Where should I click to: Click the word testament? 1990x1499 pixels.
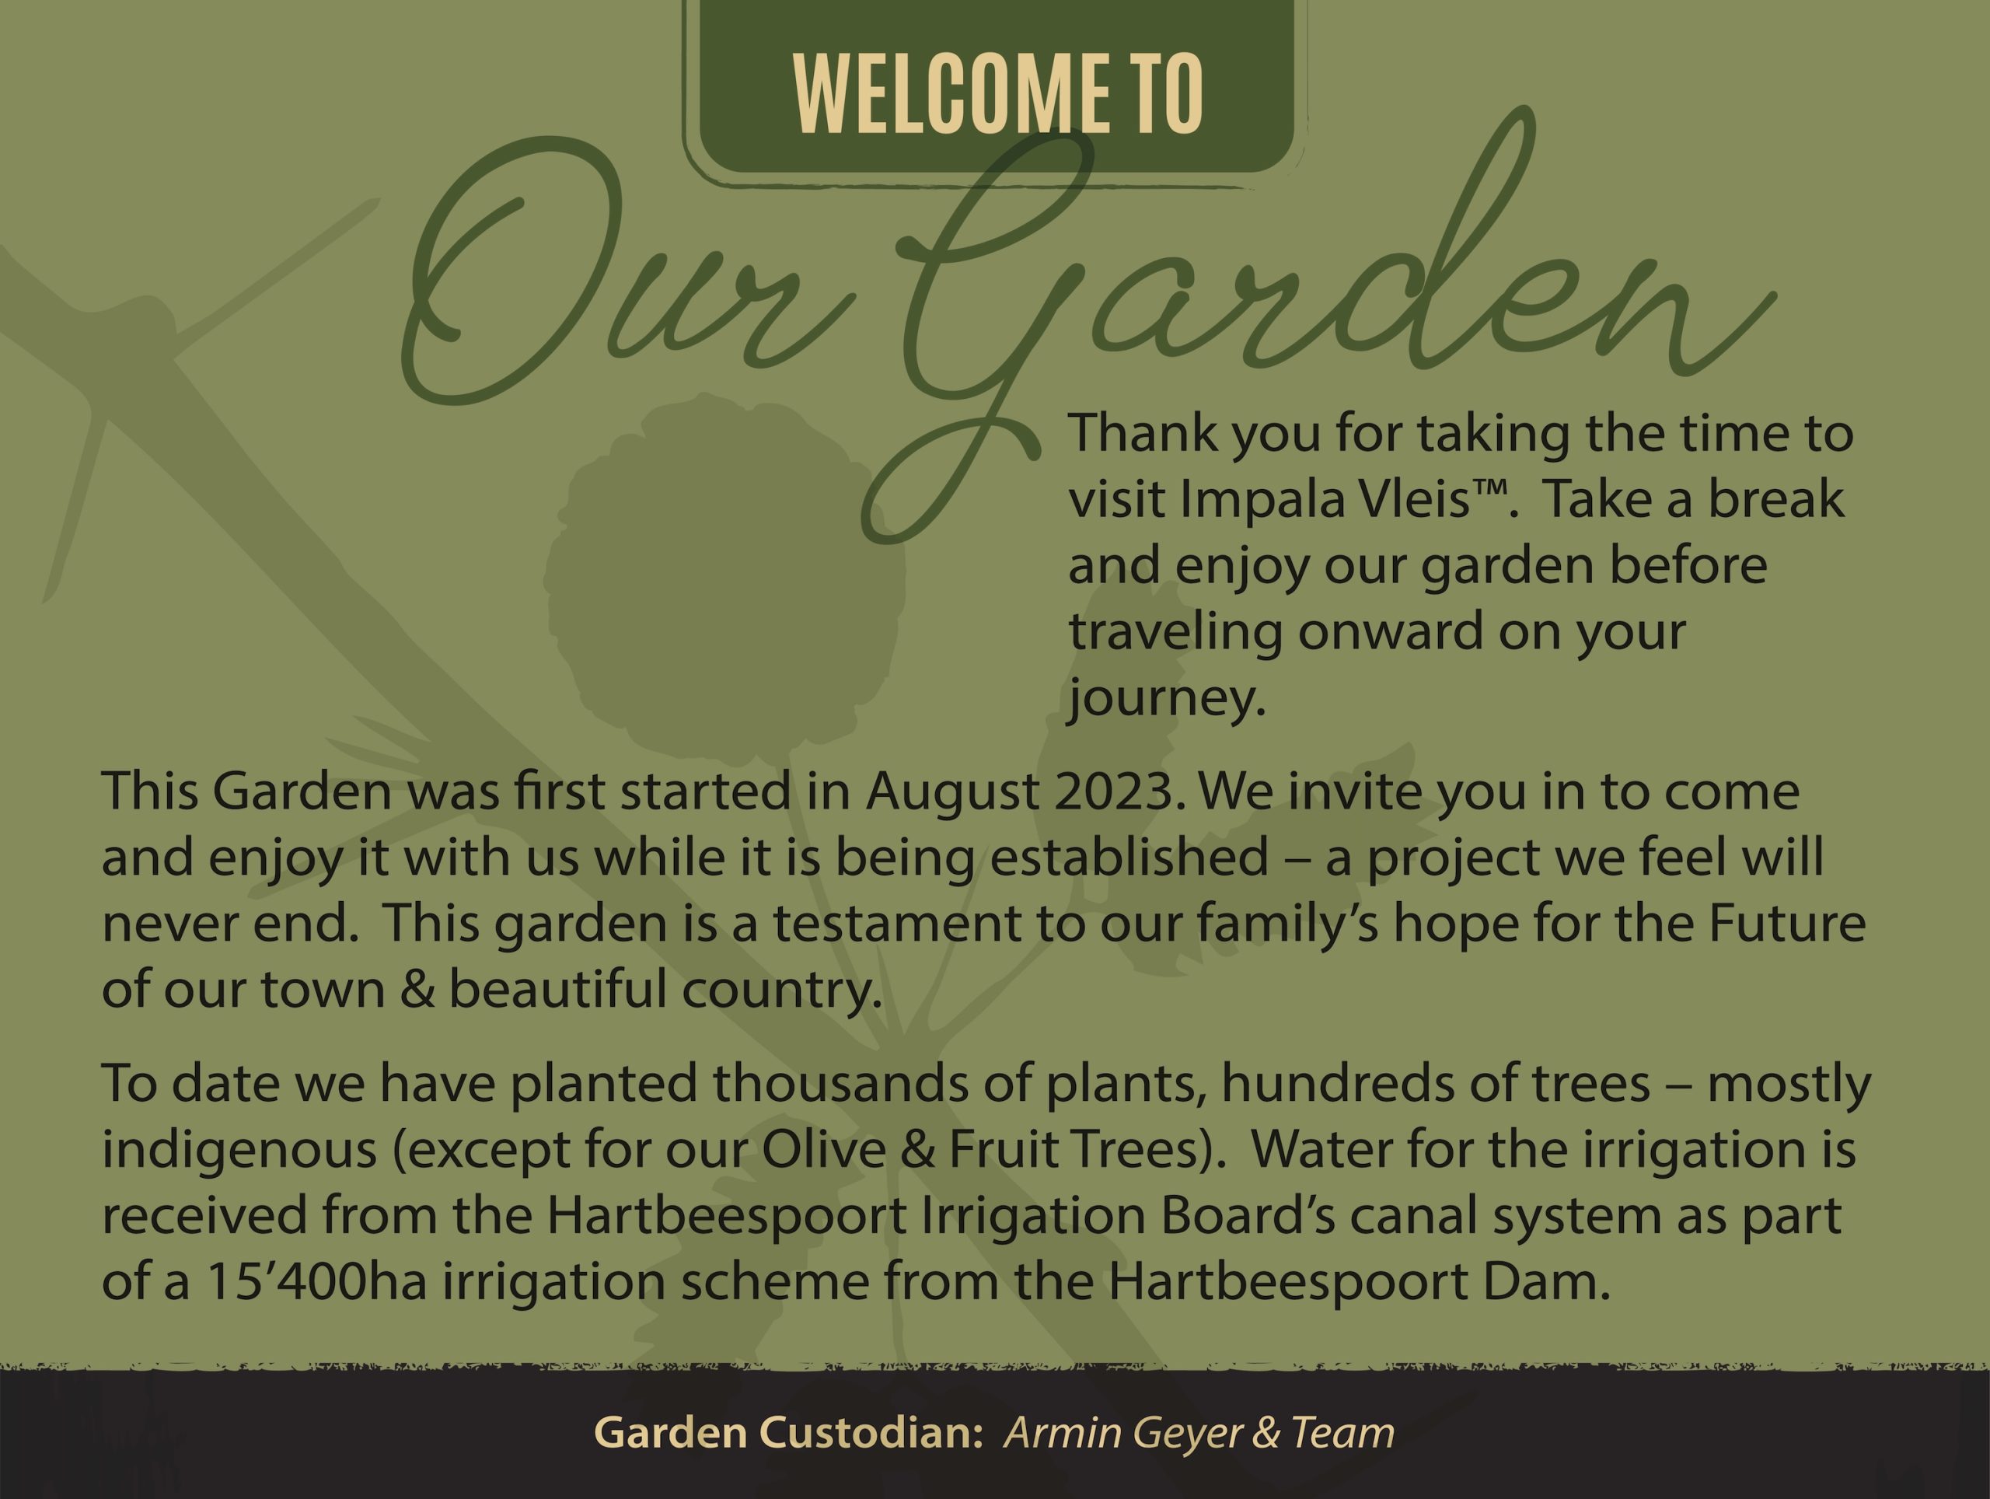click(x=897, y=925)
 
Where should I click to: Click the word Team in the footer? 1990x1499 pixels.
click(x=1342, y=1432)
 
